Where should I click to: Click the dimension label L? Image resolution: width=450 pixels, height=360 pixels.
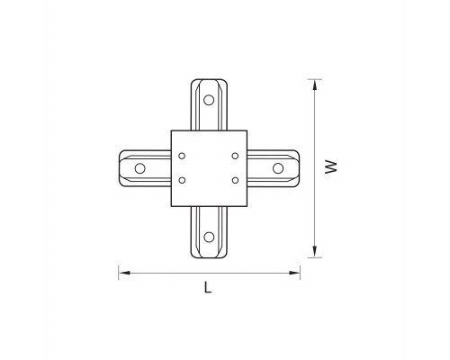tap(208, 287)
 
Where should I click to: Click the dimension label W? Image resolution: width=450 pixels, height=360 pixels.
tap(331, 167)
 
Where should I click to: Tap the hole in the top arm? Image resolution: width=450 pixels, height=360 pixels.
tap(209, 100)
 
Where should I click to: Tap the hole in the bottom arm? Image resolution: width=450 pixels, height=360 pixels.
tap(209, 237)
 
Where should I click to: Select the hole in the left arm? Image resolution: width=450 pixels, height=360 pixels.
tap(139, 168)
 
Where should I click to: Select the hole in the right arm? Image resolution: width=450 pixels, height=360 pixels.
tap(278, 168)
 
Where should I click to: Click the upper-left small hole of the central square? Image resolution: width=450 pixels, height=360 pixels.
tap(182, 156)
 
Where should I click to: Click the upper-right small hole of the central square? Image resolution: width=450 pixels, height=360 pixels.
tap(235, 156)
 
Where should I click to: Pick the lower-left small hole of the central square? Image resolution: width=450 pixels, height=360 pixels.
tap(182, 180)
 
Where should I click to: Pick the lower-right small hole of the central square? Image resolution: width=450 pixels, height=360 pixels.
tap(235, 180)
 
